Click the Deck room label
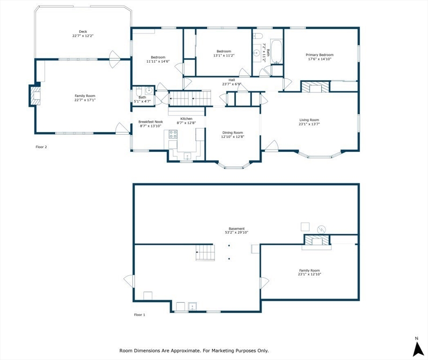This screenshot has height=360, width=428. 83,32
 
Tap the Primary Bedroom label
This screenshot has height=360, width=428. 319,55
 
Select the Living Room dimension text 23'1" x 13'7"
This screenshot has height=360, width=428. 309,124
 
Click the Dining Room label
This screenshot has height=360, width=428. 233,133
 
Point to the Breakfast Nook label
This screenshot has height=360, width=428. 151,122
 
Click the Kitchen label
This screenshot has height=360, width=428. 186,119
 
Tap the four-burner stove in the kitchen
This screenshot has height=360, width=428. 173,134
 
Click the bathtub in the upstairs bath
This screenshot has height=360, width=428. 277,52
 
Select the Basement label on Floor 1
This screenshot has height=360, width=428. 236,229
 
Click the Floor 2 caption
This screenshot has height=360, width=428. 41,147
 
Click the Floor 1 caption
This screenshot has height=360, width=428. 140,315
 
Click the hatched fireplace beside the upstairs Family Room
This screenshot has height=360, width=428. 35,95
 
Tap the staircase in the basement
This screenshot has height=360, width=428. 205,253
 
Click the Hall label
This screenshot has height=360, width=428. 232,80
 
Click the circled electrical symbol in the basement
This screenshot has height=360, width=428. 321,229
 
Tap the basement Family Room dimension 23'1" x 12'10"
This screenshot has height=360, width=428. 309,274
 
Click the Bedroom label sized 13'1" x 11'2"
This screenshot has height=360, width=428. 224,52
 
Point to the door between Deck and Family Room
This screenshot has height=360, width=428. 115,59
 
